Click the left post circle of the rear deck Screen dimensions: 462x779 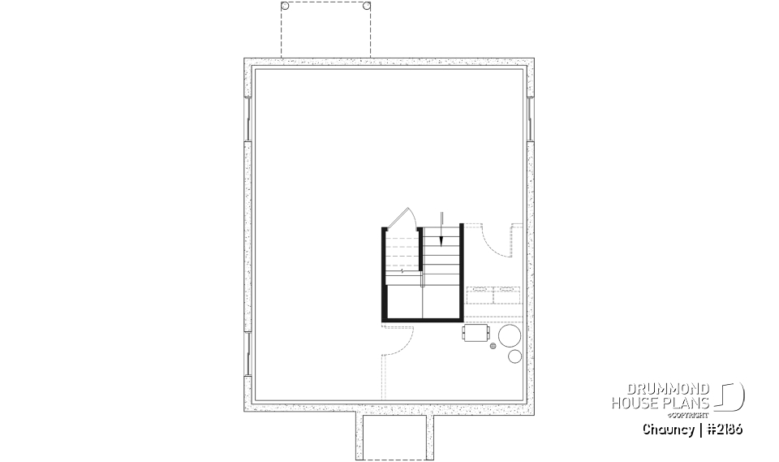(x=285, y=6)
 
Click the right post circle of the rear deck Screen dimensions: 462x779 (x=367, y=6)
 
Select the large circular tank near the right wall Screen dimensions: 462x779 (x=510, y=335)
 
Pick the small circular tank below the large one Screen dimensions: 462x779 (x=514, y=356)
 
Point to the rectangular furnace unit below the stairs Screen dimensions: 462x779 (x=475, y=333)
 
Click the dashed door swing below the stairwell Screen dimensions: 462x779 (x=399, y=342)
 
